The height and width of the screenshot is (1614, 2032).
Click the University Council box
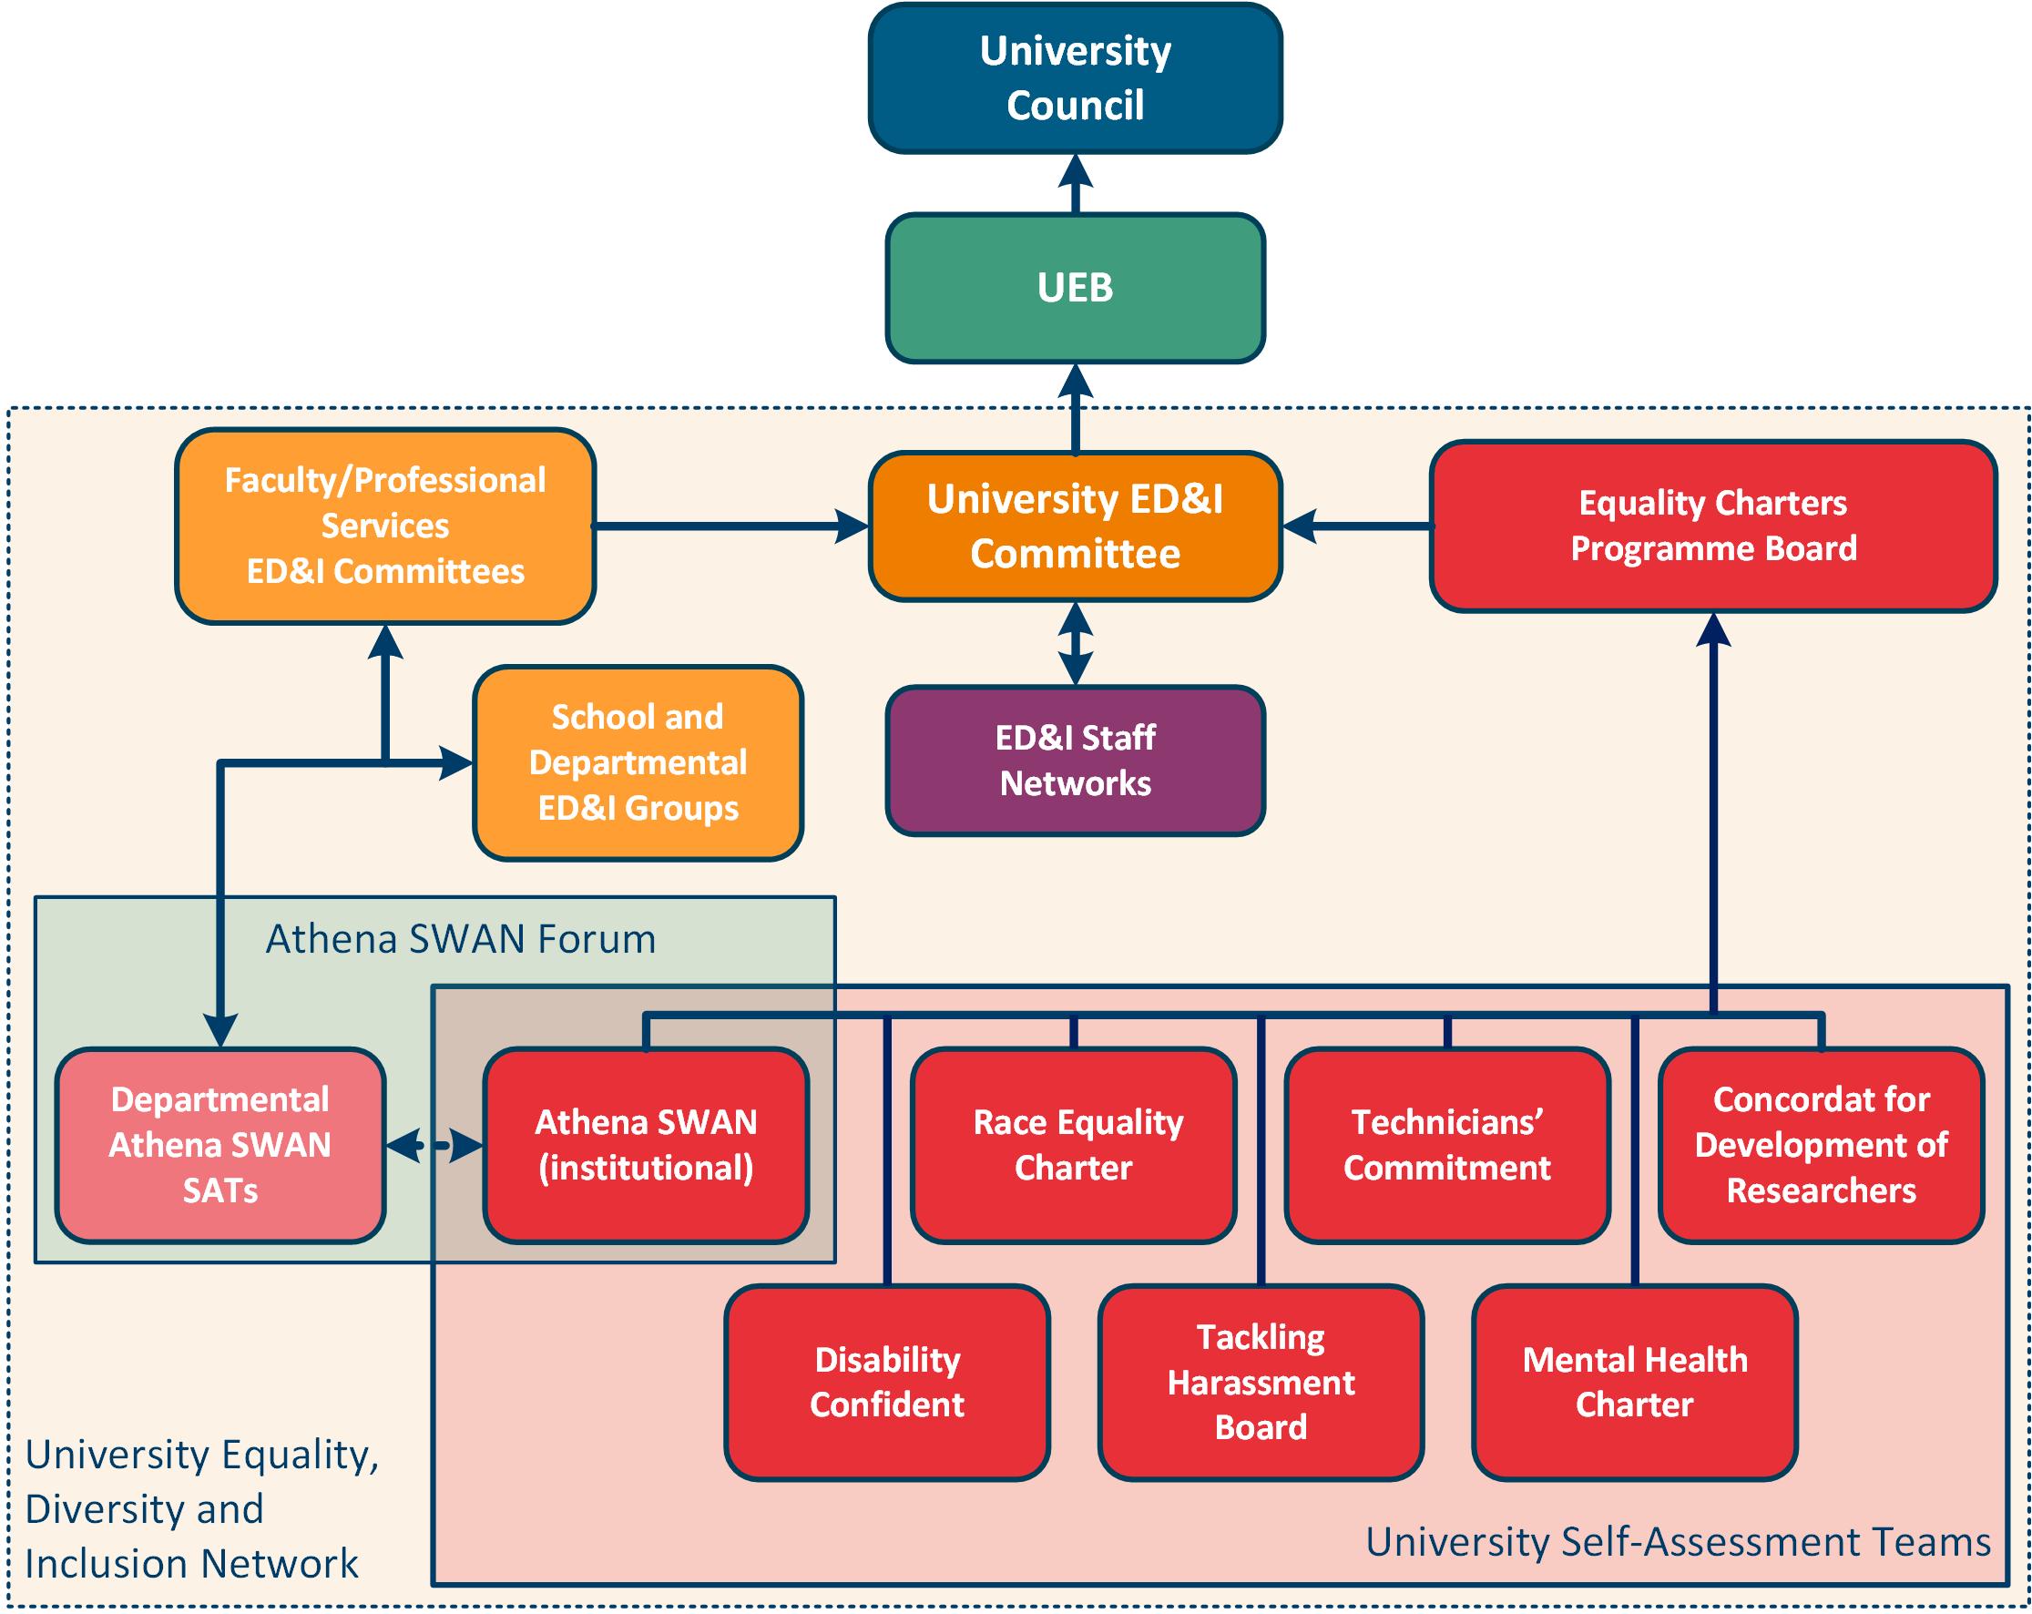tap(1075, 78)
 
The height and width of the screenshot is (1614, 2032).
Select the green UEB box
tap(1075, 288)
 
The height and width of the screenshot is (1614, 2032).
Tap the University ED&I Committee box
tap(1075, 526)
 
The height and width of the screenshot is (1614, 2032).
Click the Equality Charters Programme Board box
tap(1712, 526)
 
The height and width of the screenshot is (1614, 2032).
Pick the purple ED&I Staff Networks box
tap(1075, 760)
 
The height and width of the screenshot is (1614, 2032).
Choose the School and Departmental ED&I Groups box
tap(638, 762)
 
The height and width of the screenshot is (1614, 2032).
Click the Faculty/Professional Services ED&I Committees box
tap(384, 526)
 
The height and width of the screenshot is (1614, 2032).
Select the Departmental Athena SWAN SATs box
tap(220, 1145)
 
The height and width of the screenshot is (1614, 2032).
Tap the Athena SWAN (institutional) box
tap(646, 1145)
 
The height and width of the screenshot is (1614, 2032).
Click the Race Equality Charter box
tap(1074, 1145)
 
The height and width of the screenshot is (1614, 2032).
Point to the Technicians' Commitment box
tap(1446, 1145)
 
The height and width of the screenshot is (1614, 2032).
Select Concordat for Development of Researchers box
tap(1821, 1145)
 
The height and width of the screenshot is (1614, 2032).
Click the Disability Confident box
tap(887, 1382)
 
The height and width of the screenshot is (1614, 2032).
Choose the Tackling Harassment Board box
tap(1261, 1382)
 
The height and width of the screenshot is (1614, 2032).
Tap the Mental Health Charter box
tap(1634, 1382)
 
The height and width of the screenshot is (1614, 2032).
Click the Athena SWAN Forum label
tap(460, 939)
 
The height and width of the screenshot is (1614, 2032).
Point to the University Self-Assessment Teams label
tap(1678, 1542)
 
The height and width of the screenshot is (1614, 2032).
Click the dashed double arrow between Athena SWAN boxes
tap(434, 1146)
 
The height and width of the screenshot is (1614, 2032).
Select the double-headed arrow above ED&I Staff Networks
tap(1075, 643)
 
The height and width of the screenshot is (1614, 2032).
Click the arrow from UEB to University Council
tap(1075, 184)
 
